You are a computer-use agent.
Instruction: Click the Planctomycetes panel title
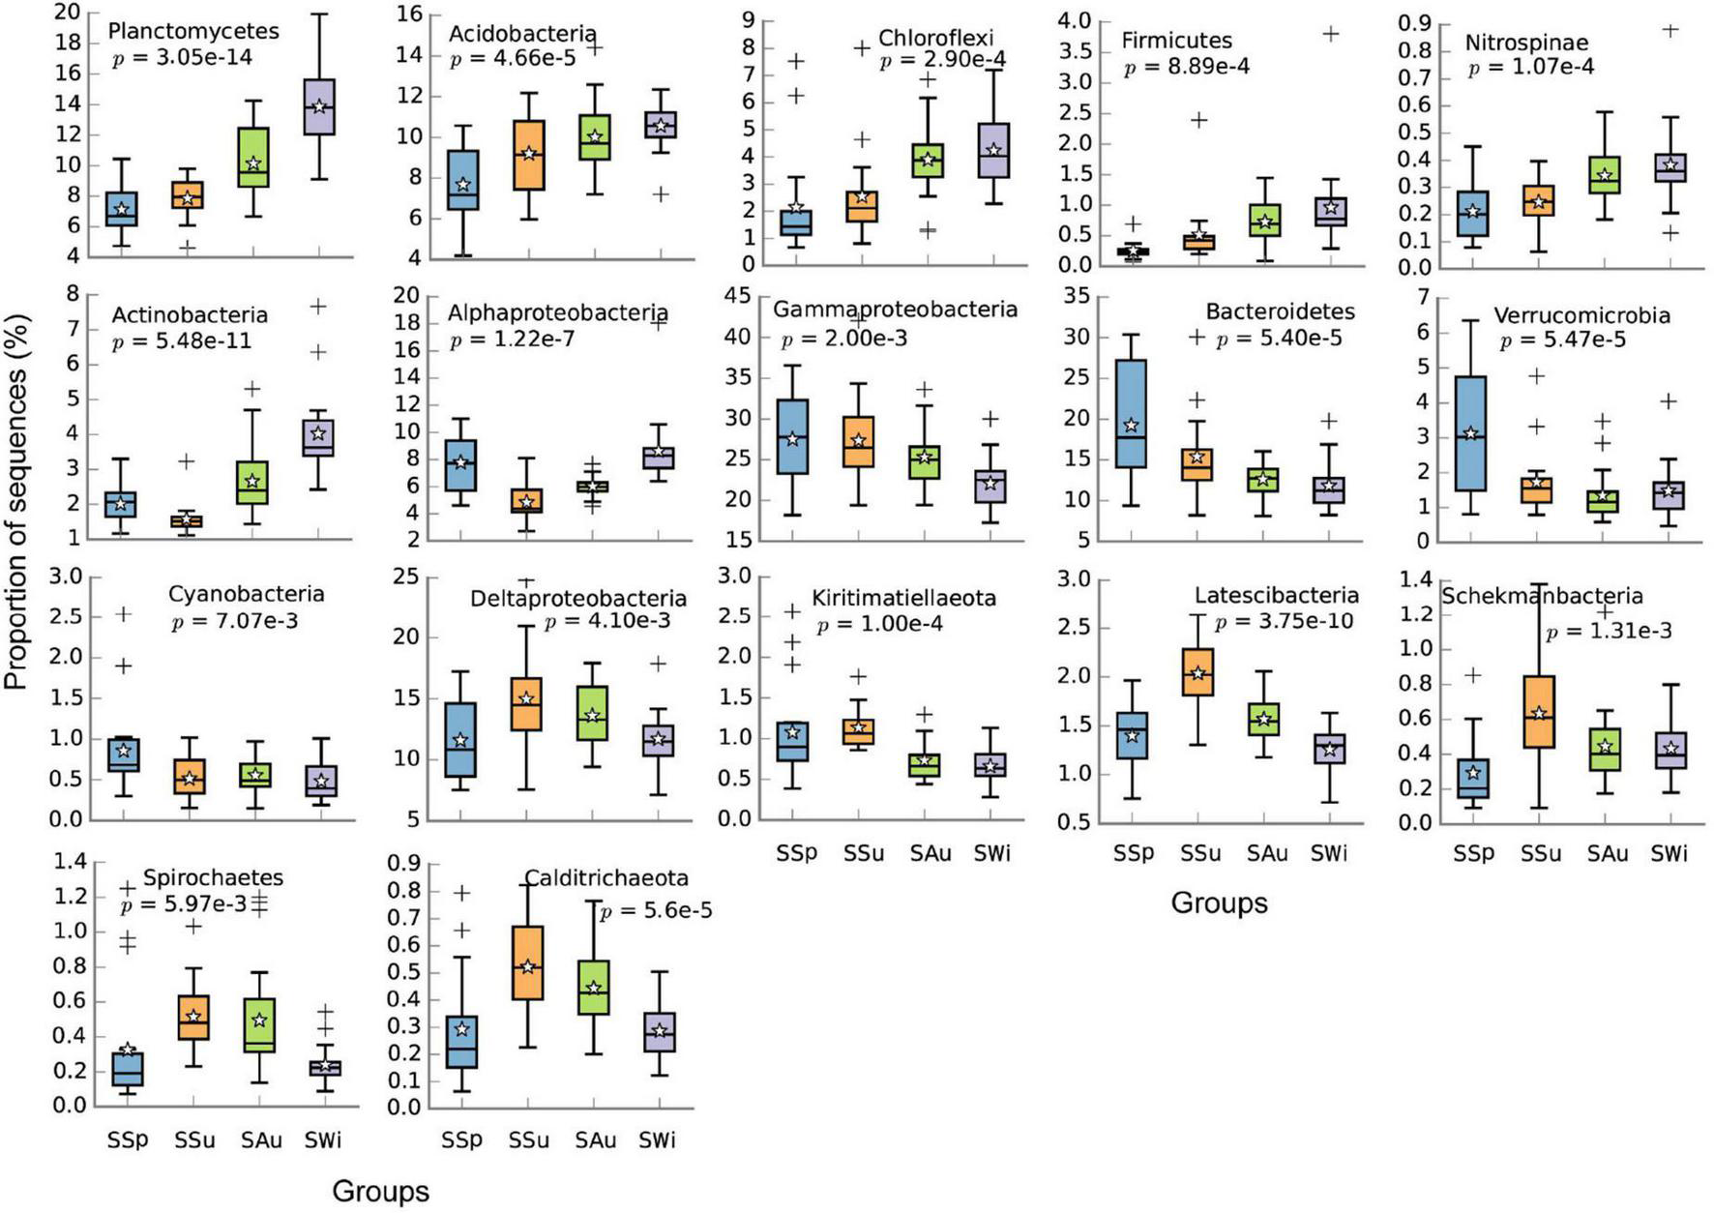(193, 31)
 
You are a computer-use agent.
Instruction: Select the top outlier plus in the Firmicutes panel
(1331, 34)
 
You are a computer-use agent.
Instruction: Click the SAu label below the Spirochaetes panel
(261, 1140)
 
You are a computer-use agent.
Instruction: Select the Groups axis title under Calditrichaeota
(380, 1191)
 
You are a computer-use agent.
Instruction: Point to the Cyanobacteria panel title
(246, 594)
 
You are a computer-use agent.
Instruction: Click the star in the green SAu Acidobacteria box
(595, 136)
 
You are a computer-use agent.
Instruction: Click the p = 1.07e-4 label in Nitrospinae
(1530, 68)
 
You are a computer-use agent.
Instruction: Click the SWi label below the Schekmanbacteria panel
(1669, 853)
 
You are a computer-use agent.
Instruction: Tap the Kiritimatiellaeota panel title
(903, 598)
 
